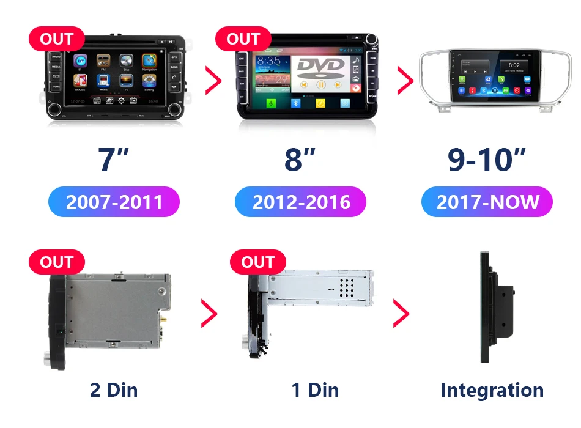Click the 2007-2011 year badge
click(x=114, y=202)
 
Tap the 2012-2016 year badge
click(x=301, y=202)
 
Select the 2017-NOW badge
click(x=487, y=202)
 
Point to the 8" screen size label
click(x=300, y=160)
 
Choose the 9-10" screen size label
click(x=487, y=160)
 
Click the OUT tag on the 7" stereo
click(x=56, y=40)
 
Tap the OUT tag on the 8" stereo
click(x=243, y=40)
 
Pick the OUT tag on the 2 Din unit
click(x=56, y=262)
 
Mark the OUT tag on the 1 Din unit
click(x=257, y=262)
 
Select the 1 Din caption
click(x=315, y=389)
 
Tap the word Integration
click(x=492, y=390)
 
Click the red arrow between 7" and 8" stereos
click(x=213, y=80)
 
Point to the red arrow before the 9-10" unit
click(x=405, y=80)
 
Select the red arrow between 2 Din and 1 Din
click(x=209, y=314)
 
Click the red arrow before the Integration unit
click(x=401, y=314)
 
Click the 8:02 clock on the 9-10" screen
click(x=514, y=65)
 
